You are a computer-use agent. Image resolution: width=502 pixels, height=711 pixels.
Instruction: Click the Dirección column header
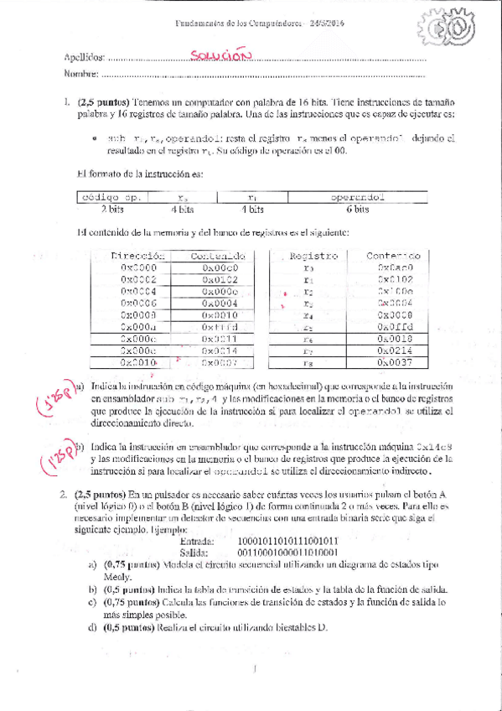coord(138,256)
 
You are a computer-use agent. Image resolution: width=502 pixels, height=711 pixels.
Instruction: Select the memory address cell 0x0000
coord(138,268)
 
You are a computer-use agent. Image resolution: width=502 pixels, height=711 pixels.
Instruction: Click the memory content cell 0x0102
coord(220,280)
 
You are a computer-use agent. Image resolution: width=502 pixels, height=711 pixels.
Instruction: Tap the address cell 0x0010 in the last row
coord(138,363)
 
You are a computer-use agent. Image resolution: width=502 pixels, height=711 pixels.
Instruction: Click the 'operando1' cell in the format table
coord(356,198)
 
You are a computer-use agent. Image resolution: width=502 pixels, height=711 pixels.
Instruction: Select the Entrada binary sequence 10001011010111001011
coord(287,542)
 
